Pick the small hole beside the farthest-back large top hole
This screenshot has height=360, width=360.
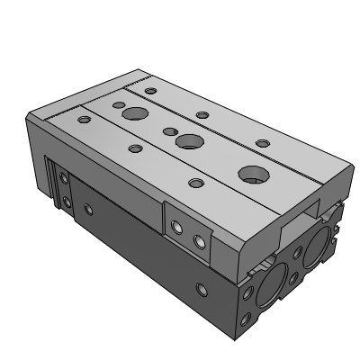(118, 103)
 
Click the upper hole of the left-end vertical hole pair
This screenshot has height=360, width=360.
(65, 179)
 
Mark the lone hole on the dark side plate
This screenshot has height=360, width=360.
(87, 209)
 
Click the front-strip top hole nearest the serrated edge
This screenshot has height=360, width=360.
(85, 119)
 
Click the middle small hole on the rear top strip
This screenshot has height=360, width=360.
(202, 114)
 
